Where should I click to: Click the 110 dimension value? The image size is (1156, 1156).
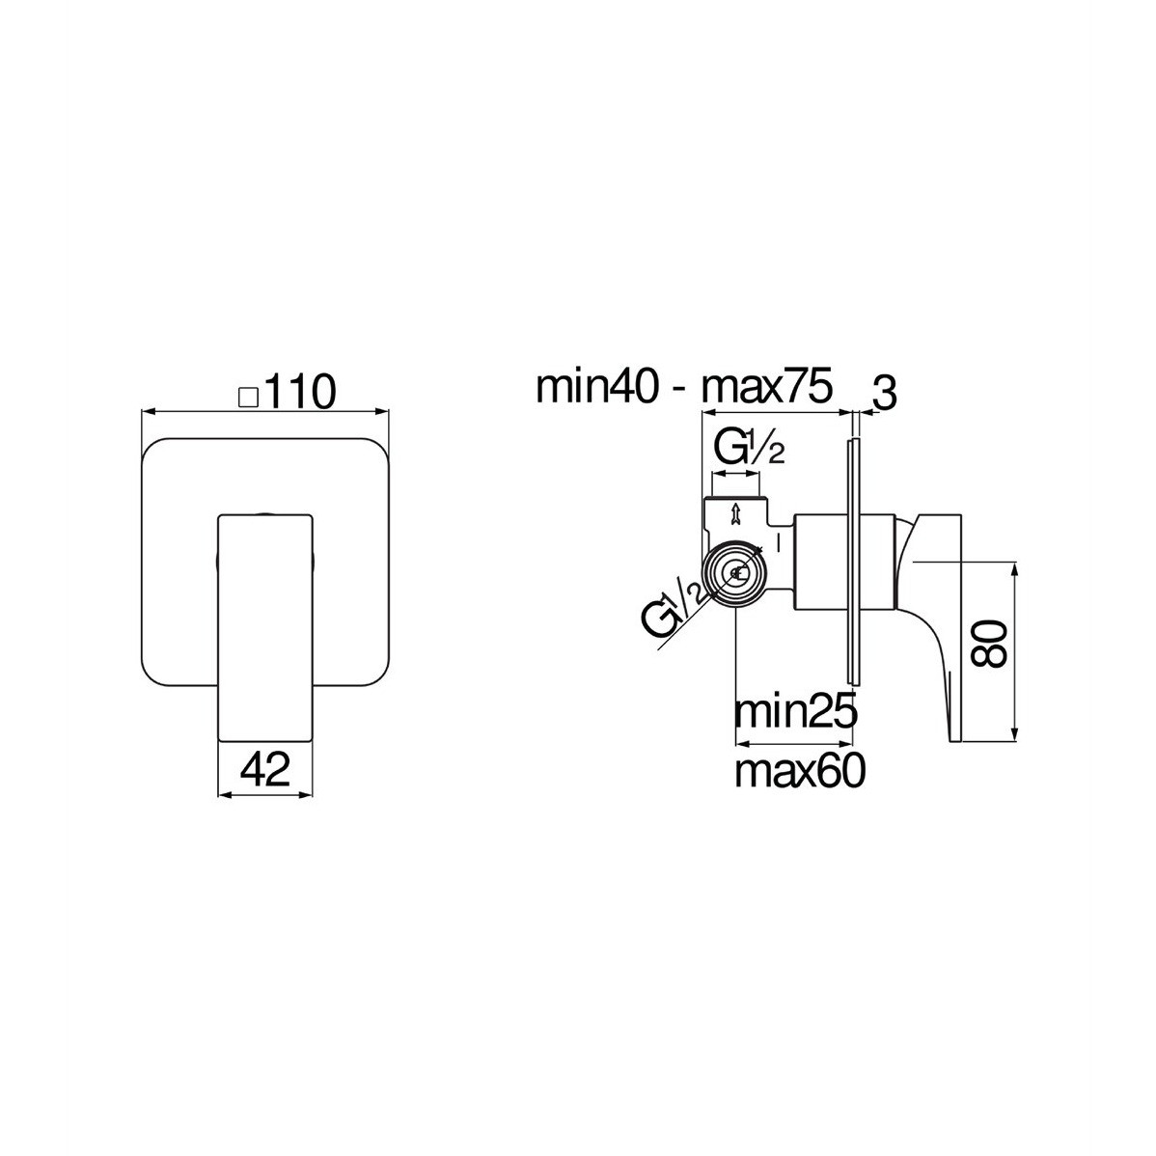(x=299, y=392)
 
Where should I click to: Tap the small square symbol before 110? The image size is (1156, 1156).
(x=248, y=398)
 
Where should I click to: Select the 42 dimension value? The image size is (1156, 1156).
(x=265, y=769)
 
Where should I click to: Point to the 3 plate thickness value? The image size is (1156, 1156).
(x=884, y=396)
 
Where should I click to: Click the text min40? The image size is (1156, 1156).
(x=597, y=386)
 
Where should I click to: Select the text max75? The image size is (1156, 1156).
(x=767, y=386)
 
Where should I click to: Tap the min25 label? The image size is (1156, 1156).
(x=795, y=712)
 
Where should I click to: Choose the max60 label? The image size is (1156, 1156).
(x=800, y=771)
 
